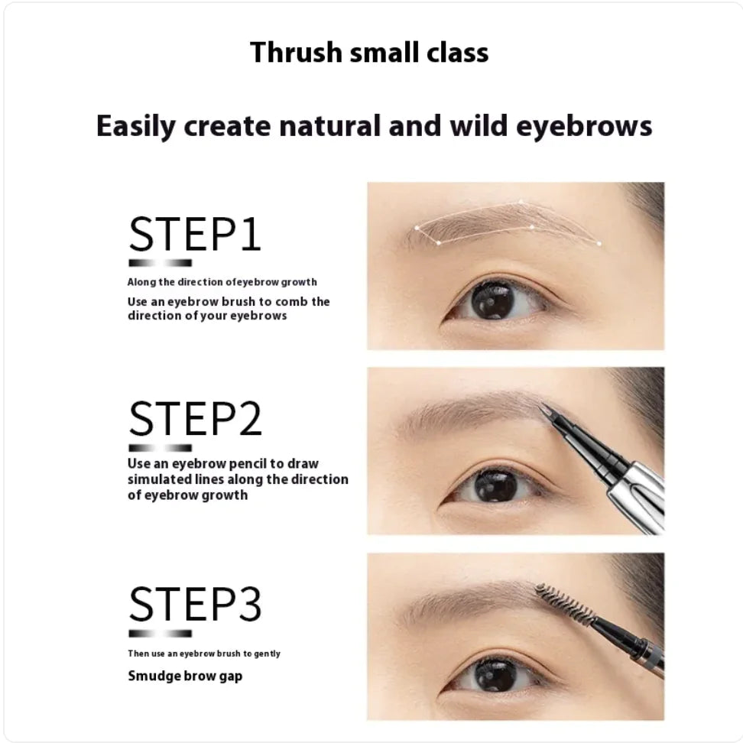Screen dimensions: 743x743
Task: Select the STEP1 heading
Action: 195,234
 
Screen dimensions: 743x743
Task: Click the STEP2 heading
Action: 195,419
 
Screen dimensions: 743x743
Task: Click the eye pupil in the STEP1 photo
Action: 490,300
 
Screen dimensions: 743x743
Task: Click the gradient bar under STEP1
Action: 160,262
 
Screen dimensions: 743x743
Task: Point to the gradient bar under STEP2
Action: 160,447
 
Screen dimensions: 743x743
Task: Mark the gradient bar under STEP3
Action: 160,633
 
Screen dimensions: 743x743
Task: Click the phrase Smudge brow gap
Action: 185,676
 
